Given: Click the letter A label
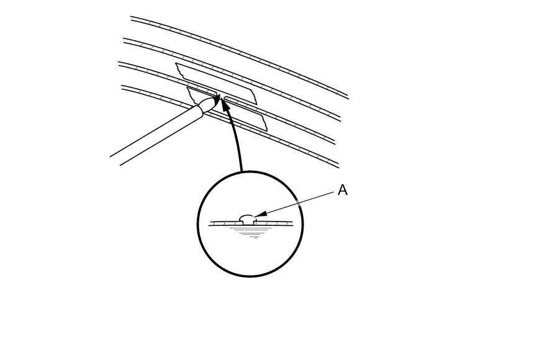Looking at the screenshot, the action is pos(342,191).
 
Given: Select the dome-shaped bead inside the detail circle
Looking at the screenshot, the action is pos(247,219).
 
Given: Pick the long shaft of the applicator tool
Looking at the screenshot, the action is pos(155,137).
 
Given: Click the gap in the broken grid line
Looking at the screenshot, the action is pos(221,96).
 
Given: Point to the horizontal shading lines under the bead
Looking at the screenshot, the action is pos(251,232).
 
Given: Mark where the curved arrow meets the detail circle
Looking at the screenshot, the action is pos(242,172).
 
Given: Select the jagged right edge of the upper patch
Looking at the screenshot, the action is pos(253,96).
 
